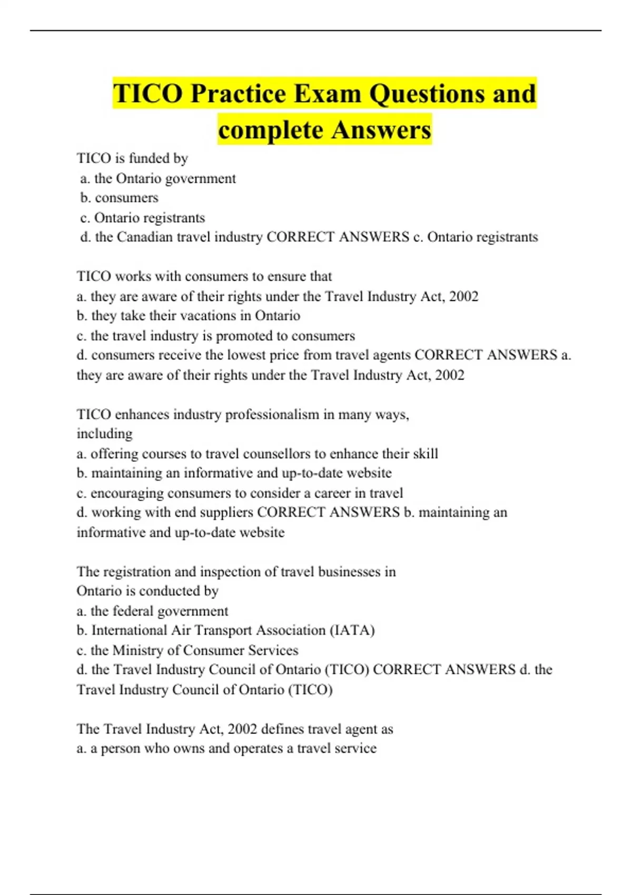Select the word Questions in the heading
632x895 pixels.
[426, 94]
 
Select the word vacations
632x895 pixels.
[204, 316]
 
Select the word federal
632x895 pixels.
[129, 611]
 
